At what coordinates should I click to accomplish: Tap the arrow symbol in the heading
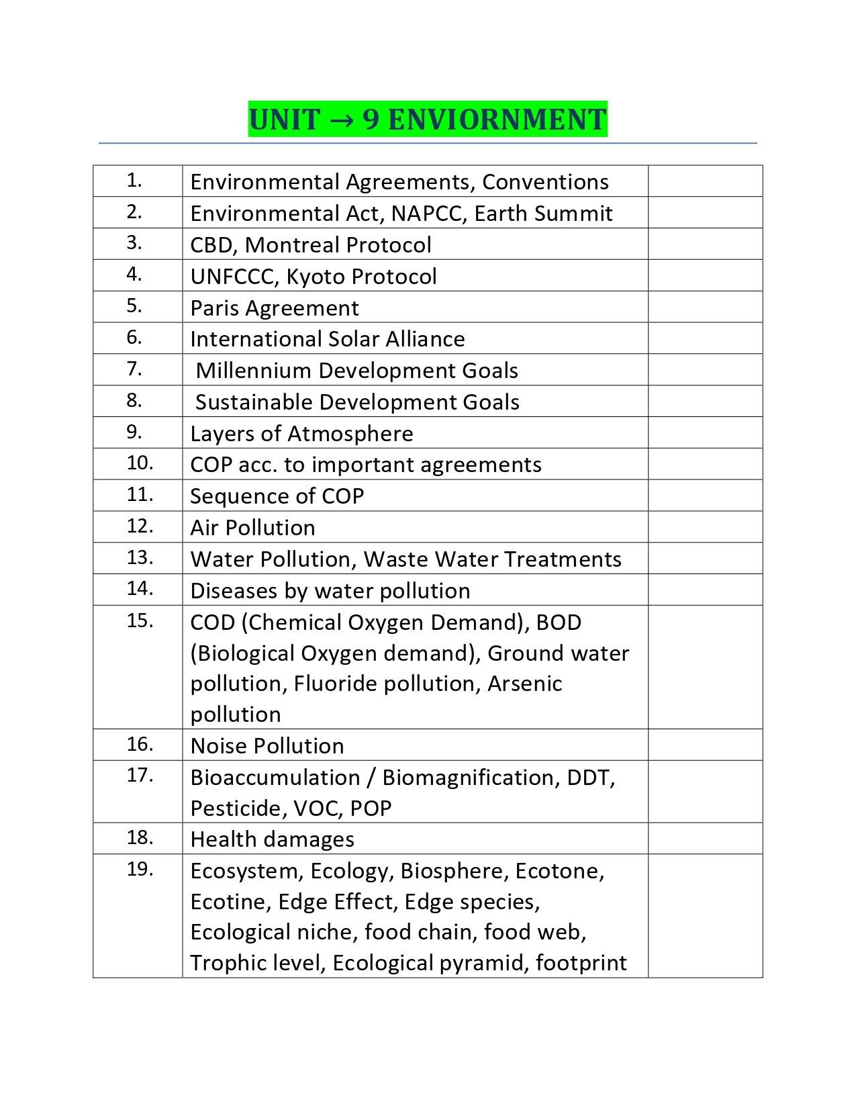coord(341,120)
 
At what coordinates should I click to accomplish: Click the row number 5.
coord(134,306)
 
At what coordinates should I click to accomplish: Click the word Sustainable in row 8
coord(254,402)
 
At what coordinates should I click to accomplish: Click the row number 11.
coord(140,495)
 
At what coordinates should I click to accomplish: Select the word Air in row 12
coord(203,528)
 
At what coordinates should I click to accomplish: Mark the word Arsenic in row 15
coord(524,684)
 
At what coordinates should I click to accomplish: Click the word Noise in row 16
coord(216,746)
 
